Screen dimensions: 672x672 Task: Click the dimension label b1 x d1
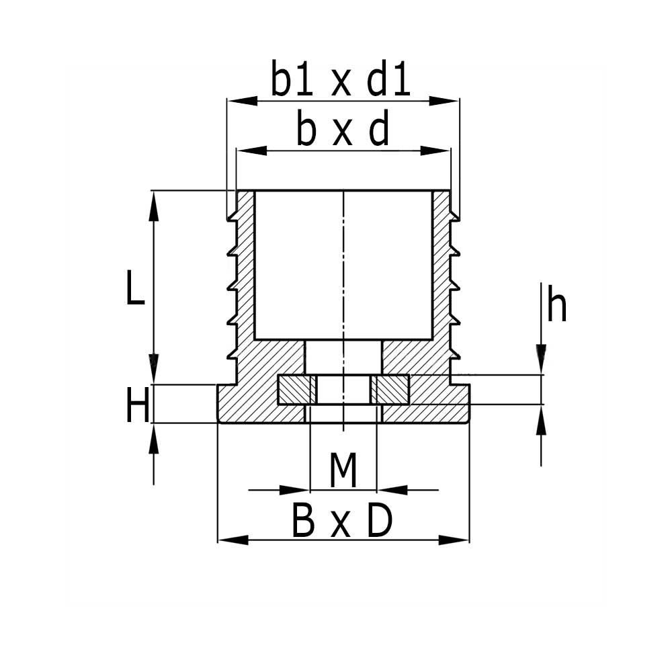[341, 80]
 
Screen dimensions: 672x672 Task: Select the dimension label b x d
[343, 131]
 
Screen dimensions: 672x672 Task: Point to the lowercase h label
[556, 305]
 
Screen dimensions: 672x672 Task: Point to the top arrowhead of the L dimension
[154, 205]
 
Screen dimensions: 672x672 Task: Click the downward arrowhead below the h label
[541, 360]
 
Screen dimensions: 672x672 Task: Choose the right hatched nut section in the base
[391, 390]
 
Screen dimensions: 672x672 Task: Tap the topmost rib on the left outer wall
[230, 216]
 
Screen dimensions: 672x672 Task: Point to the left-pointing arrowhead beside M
[393, 490]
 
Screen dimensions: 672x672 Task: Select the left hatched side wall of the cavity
[245, 269]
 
